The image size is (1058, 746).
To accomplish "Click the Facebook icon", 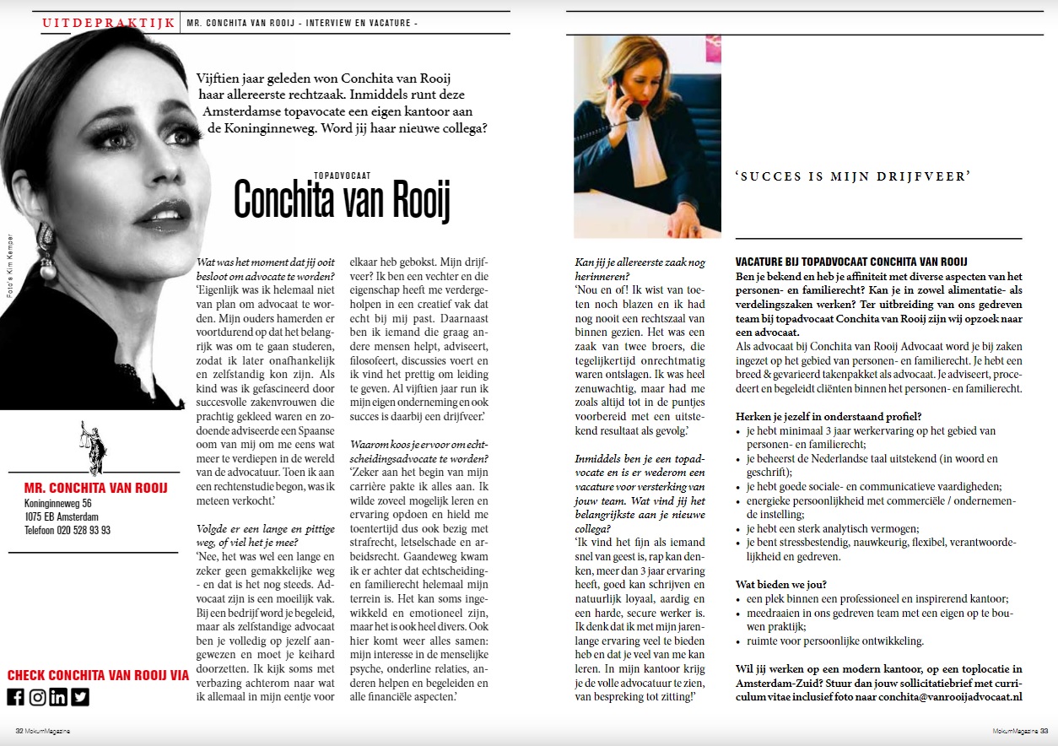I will coord(15,697).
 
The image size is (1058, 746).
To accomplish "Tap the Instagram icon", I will coord(37,697).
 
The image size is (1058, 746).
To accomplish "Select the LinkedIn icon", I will coord(58,697).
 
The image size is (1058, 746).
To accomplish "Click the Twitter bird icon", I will coord(80,697).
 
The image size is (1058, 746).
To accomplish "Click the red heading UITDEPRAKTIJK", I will coord(109,23).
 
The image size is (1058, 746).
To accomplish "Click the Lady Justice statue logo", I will coord(92,447).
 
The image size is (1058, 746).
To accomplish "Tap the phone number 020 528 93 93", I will coord(67,530).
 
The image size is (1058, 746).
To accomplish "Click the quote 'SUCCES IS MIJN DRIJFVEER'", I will coord(853,176).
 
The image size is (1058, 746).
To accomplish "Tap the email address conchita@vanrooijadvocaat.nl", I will coord(950,697).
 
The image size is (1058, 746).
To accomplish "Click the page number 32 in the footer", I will coord(19,731).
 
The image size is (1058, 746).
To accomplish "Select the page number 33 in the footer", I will coord(1044,731).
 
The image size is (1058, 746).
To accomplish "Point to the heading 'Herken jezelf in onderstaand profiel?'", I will coord(828,416).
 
